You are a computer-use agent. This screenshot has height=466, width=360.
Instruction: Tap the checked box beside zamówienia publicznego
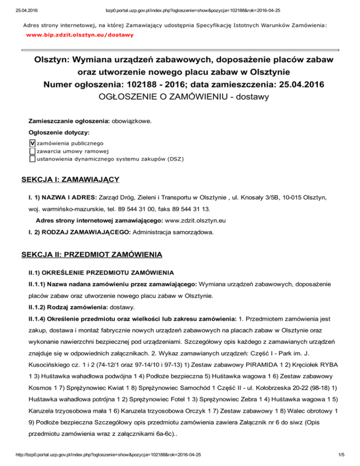tap(32, 143)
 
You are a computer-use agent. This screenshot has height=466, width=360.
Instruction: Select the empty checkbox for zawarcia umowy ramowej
tap(32, 151)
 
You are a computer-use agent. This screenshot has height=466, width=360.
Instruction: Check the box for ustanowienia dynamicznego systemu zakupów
tap(32, 158)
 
